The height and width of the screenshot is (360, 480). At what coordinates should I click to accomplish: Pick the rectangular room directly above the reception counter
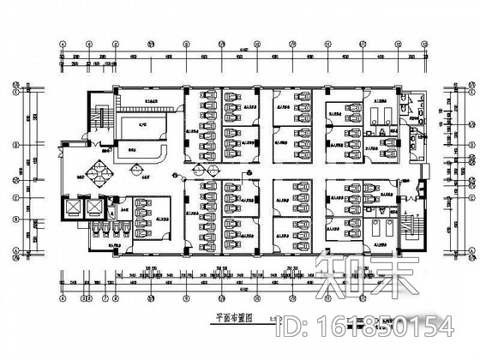(x=143, y=129)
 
